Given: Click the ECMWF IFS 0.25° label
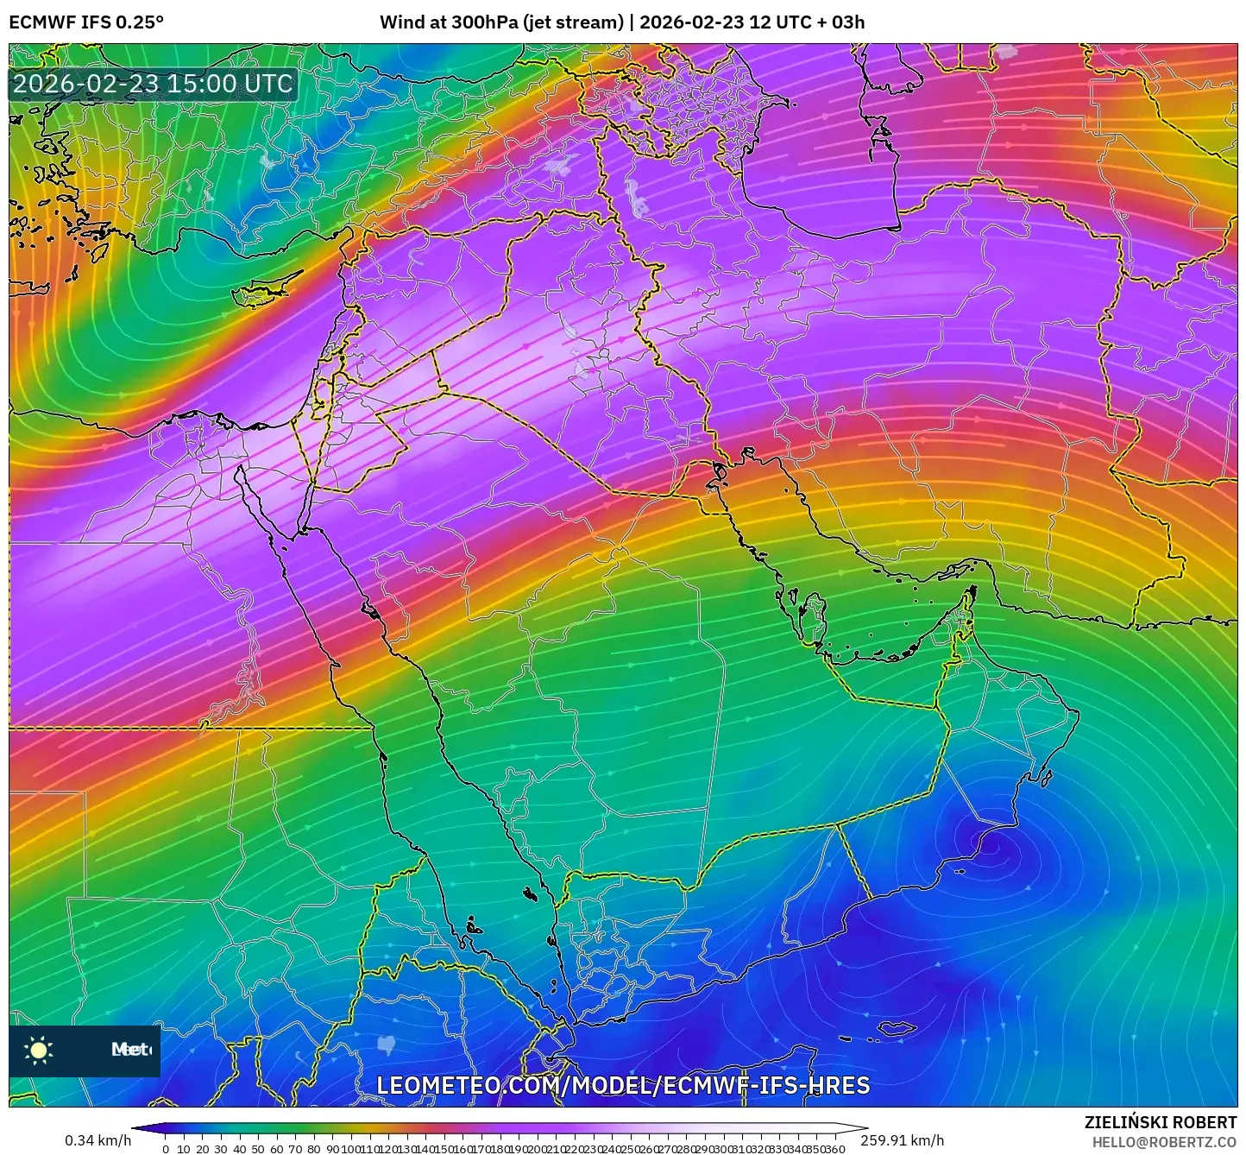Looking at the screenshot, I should (x=86, y=22).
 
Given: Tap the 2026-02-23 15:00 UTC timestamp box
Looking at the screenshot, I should (x=153, y=84).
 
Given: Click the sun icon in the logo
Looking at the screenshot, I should (x=39, y=1050).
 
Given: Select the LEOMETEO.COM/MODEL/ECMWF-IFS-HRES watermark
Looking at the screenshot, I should (x=623, y=1085).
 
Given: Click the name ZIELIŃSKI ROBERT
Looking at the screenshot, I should (x=1161, y=1122).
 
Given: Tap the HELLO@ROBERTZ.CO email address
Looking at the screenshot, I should (x=1164, y=1141).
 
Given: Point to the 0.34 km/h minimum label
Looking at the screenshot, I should (x=98, y=1140).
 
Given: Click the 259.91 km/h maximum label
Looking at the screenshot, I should (x=902, y=1140).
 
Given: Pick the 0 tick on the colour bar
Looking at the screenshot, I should (x=166, y=1149).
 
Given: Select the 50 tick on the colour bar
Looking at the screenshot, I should (x=257, y=1149).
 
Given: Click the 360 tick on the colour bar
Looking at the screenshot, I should (x=834, y=1149).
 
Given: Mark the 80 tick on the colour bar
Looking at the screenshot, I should (x=313, y=1149).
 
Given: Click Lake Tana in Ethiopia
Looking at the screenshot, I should (x=386, y=1045).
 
